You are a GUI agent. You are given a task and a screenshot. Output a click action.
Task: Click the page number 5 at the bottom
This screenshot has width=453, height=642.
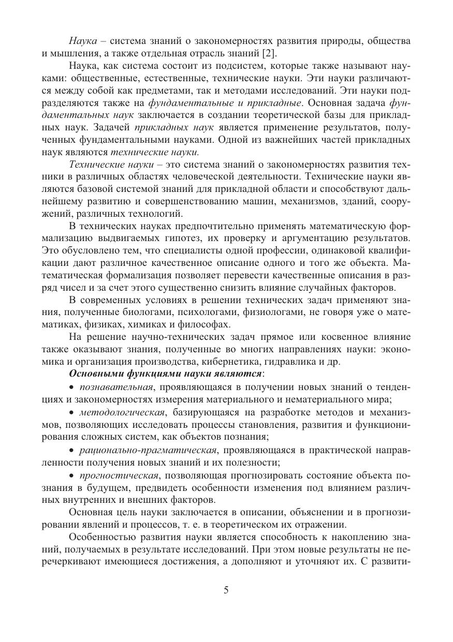[x=226, y=590]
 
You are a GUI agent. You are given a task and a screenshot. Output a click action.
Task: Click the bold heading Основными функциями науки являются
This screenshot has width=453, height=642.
[x=166, y=373]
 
